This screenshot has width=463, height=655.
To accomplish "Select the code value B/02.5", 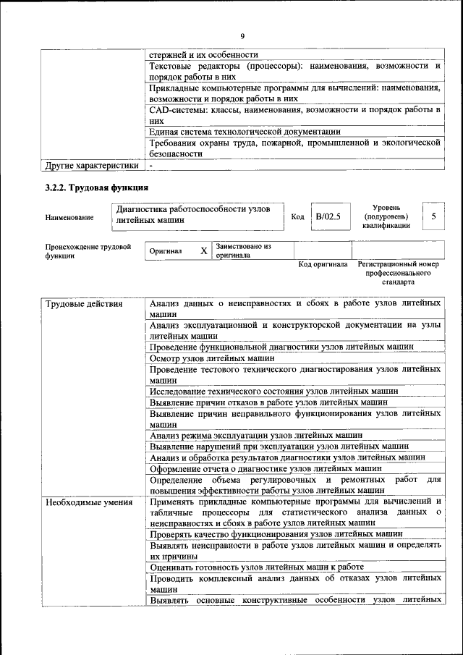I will pos(327,216).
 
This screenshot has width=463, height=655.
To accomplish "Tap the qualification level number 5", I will pos(433,216).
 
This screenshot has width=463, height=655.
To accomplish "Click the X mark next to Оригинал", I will pos(203,251).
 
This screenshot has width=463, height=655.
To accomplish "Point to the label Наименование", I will pos(69,217).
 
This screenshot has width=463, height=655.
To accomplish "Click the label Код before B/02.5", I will pos(297,216).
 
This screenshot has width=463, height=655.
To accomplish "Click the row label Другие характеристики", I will pos(91,165).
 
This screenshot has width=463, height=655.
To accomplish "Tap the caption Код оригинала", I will pos(323,264).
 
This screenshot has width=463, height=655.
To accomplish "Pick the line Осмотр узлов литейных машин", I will pos(212,358).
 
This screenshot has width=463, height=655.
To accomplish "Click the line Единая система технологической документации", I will pos(245,132).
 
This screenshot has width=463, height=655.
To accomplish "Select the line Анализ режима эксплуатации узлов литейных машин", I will pos(256,435).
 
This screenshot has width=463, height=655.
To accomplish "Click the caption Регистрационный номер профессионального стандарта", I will pos(398,273).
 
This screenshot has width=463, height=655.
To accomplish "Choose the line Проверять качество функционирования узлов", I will pos(266,534).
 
